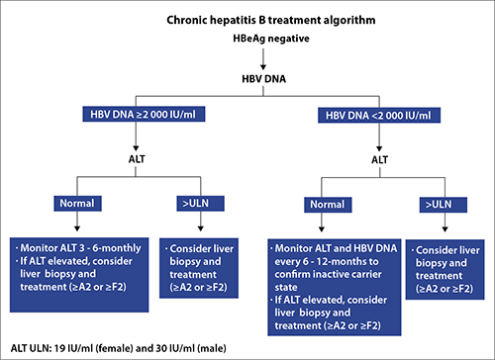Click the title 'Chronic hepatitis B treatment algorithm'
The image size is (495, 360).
[x=271, y=20]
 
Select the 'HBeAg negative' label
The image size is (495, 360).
[x=271, y=39]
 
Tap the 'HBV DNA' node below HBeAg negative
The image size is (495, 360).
[x=264, y=79]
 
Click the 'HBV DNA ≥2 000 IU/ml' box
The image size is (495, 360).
[x=144, y=114]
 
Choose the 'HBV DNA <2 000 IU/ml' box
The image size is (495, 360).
[x=379, y=115]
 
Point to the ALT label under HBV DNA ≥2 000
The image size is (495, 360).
[x=137, y=159]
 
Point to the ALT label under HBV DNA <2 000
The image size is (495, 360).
[x=379, y=160]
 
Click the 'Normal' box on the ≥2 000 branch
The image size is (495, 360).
[x=77, y=204]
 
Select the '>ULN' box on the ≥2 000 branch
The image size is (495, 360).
[x=201, y=204]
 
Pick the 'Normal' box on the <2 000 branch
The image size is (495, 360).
[x=328, y=205]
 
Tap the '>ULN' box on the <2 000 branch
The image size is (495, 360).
[x=444, y=205]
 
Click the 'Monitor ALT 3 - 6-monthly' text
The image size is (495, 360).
[x=80, y=248]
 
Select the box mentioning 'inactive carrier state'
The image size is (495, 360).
[x=335, y=287]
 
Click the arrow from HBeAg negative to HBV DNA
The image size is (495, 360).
[x=263, y=59]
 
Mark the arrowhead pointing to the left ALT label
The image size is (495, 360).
[x=136, y=148]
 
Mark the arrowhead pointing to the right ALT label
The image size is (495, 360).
[x=379, y=148]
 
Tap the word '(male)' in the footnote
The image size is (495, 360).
[x=212, y=348]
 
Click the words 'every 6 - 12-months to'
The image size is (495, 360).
[x=327, y=261]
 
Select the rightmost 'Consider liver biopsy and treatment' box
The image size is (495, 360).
[x=445, y=269]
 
